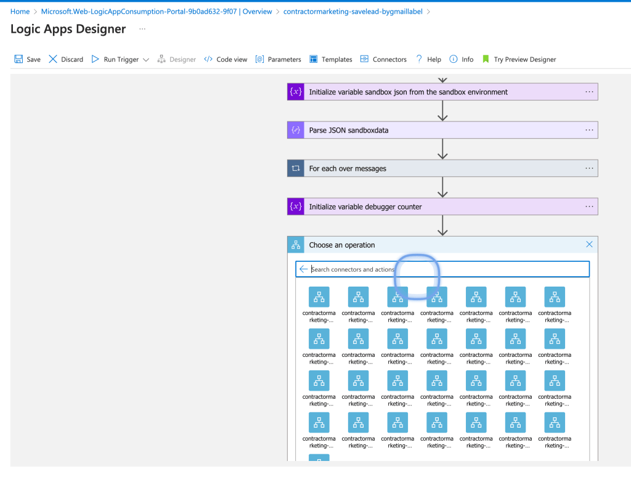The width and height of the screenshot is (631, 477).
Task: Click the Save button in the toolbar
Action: tap(27, 59)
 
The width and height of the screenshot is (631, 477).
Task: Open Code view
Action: tap(226, 59)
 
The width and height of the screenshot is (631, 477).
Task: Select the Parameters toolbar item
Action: tap(278, 59)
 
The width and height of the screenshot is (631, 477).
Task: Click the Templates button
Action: tap(331, 59)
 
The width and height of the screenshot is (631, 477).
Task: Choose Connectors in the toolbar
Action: tap(383, 59)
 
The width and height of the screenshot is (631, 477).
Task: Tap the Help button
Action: tap(428, 59)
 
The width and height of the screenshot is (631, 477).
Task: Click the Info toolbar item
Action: tap(461, 59)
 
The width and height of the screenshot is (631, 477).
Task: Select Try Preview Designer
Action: tap(519, 59)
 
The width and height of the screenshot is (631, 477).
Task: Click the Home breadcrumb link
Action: tap(20, 11)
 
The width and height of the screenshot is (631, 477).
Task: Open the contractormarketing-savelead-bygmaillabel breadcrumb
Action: tap(353, 11)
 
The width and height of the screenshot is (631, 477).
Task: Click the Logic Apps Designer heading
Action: tap(68, 29)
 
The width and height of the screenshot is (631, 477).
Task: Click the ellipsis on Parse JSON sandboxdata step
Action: tap(589, 130)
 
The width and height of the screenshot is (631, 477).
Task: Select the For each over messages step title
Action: tap(348, 169)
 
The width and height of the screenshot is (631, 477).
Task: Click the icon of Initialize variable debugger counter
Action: tap(296, 206)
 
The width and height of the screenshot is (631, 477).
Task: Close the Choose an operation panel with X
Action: tap(589, 244)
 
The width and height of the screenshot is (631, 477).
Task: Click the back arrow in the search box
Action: tap(303, 269)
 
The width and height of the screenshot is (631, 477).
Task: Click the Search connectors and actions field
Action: tap(442, 269)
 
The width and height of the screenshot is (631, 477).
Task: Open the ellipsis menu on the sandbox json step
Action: tap(589, 92)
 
